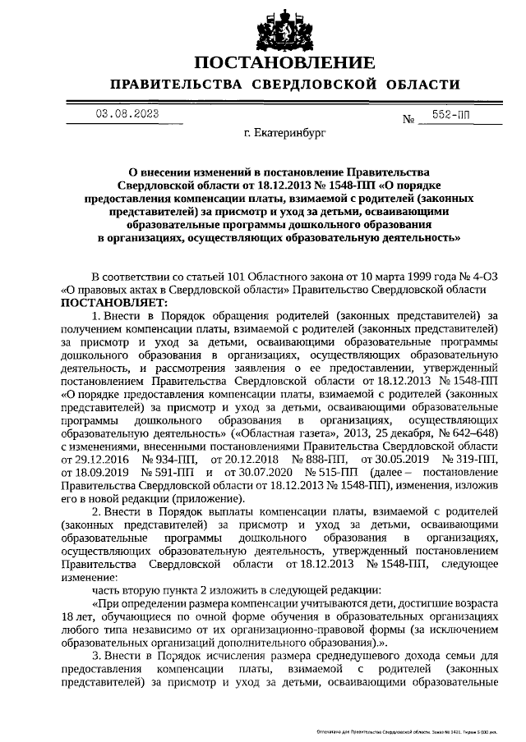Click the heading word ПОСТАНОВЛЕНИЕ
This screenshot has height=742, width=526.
[285, 64]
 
